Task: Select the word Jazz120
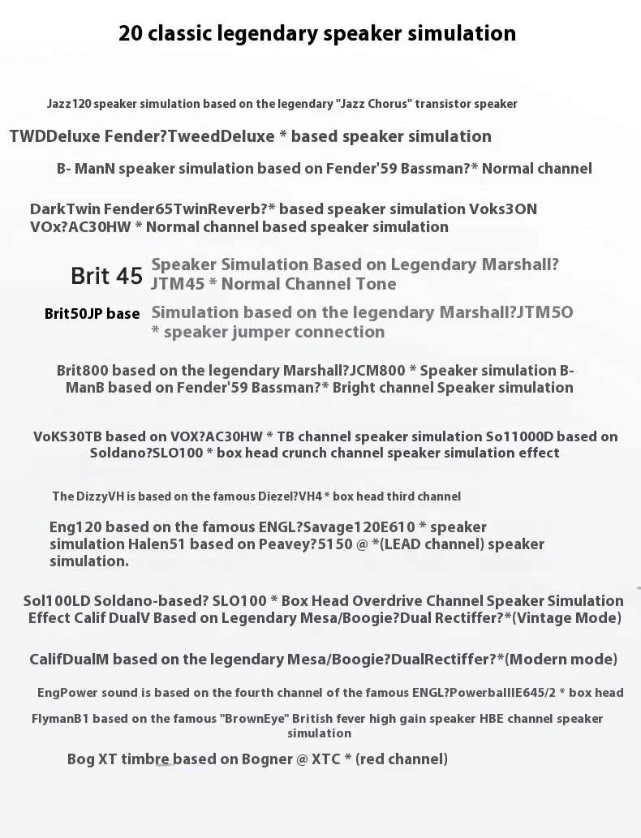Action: [69, 104]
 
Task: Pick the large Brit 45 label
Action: [106, 276]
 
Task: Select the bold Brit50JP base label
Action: [92, 313]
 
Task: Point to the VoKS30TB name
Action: [67, 436]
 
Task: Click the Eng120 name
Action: [76, 527]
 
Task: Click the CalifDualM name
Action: [69, 660]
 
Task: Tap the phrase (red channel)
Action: [402, 759]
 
